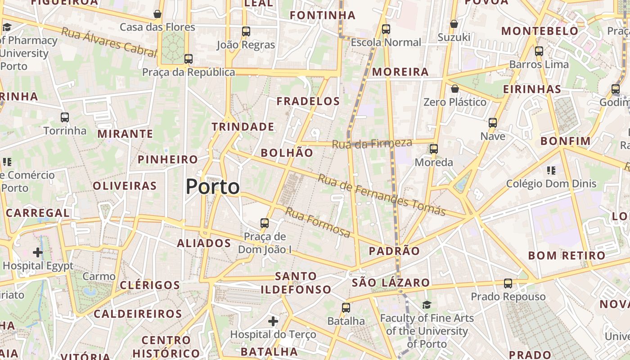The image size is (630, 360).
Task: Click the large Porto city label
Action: [212, 187]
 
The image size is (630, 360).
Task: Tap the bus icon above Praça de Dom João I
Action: [265, 223]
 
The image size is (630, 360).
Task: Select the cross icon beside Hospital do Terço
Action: [273, 321]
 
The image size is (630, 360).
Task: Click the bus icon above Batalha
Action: [346, 307]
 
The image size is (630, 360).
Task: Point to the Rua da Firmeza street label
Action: [372, 144]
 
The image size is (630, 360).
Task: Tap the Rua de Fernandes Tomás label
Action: [382, 194]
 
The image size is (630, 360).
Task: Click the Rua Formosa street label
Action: [318, 222]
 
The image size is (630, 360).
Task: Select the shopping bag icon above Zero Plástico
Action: [454, 89]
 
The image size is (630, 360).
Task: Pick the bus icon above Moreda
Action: [433, 148]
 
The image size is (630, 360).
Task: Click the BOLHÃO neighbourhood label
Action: [287, 153]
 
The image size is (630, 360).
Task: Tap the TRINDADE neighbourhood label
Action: [243, 127]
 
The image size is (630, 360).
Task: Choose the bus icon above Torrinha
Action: [65, 117]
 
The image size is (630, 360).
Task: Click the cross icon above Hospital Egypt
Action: [38, 252]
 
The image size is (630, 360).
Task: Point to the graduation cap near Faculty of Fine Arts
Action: [427, 305]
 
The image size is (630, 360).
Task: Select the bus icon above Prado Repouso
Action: [508, 283]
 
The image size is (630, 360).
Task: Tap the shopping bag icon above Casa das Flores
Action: [157, 14]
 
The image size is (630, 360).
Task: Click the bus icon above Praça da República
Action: [189, 58]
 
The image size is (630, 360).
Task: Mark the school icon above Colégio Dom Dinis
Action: [551, 170]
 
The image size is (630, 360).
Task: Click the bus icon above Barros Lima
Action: [539, 51]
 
